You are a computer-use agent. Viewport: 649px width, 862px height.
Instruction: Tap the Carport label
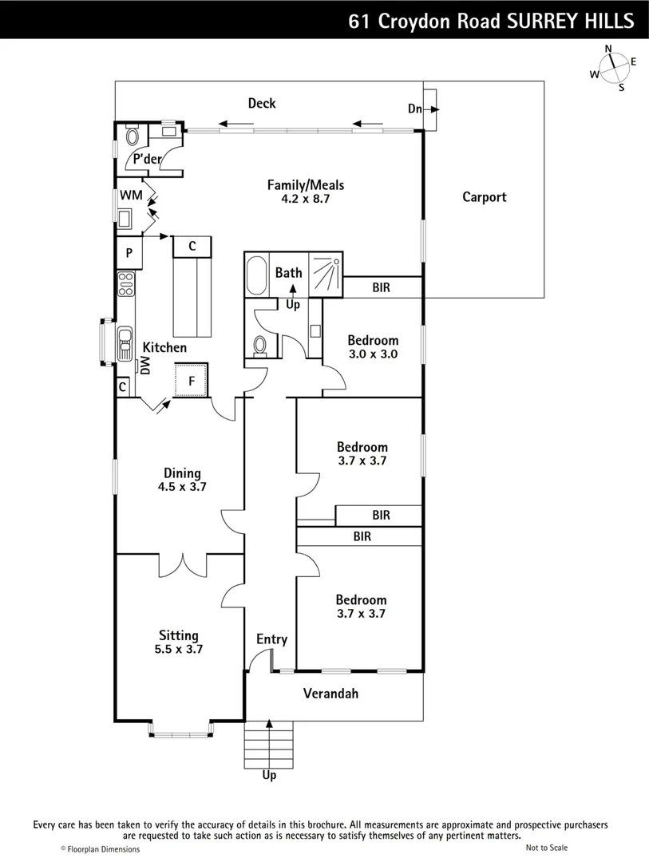[485, 197]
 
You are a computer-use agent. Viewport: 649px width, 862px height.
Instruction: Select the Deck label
[262, 103]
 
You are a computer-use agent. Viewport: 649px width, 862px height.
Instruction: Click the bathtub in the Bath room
[257, 275]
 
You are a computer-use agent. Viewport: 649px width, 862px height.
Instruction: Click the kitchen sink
[126, 342]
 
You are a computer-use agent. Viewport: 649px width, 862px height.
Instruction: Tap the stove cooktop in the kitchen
[126, 283]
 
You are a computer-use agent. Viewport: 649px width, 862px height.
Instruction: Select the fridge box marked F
[192, 380]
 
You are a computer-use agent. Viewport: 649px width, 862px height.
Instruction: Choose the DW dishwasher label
[144, 366]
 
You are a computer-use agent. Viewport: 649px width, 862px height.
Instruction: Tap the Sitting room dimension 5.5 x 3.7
[179, 649]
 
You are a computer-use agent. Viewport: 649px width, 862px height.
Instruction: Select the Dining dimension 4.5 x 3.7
[183, 487]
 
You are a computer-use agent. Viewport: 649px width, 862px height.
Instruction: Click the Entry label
[271, 639]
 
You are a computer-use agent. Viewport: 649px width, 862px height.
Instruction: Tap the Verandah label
[330, 694]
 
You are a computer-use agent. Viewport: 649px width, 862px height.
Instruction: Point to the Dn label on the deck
[415, 109]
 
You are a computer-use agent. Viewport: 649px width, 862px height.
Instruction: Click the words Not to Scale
[547, 848]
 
